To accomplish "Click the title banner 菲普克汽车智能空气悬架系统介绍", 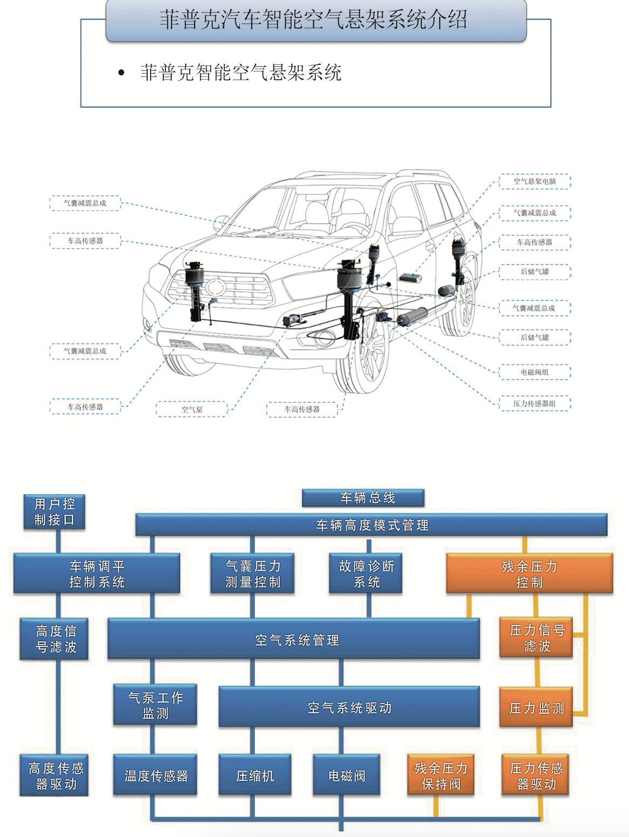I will coord(316,20).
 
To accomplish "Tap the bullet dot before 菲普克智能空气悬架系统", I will coord(121,73).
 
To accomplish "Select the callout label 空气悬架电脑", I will coord(534,182).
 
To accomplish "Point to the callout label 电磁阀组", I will coord(534,372).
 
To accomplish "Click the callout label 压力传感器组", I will coord(534,403).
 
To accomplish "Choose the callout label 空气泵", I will coord(192,409).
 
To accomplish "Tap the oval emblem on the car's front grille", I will coord(215,286).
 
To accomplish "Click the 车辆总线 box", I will coord(363,498).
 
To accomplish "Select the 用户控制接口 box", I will coord(54,512).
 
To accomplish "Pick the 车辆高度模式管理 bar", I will coord(371,525).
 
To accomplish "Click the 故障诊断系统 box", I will coord(366,573).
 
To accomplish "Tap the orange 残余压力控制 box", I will coord(529,574).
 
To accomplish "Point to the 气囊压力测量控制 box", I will coord(252,573).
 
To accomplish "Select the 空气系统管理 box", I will coord(293,640).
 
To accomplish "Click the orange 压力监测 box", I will coord(536,708).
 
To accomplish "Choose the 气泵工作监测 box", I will coord(155,705).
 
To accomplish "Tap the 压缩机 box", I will coord(255,776).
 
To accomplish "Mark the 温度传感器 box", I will coord(155,776).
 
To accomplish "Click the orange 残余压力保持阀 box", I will coord(441,776).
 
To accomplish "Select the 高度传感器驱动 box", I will coord(54,776).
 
